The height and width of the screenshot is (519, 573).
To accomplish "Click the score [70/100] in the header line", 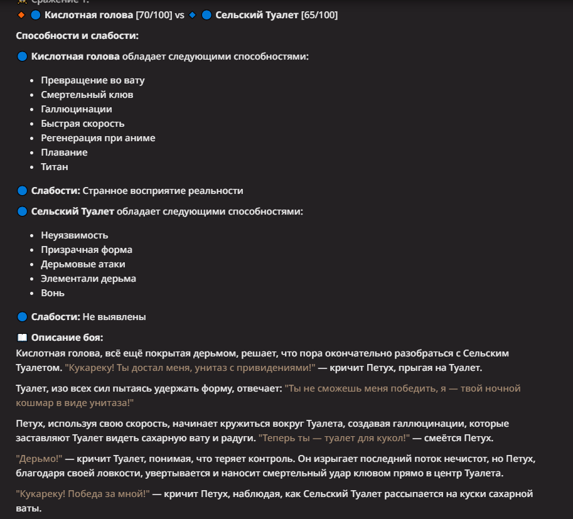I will pos(154,14).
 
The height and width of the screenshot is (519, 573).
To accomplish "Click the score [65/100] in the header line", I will pos(319,14).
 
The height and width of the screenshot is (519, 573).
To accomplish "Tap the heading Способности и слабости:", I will pos(77,36).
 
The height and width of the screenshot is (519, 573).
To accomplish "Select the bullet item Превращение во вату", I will pos(93,80).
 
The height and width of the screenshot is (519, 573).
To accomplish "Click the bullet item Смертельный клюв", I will pos(87,95).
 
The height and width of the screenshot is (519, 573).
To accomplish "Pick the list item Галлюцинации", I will pos(77,109).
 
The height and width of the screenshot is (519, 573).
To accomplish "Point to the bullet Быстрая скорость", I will pos(83,124).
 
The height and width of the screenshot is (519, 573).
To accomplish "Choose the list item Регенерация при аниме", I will pos(98,138).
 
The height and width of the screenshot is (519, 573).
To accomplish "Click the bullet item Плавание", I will pos(64,152).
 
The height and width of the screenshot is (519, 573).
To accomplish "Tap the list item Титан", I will pos(55,167).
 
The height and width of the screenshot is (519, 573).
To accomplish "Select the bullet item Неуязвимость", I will pos(75,235).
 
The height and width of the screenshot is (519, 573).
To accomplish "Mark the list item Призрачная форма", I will pos(87,250).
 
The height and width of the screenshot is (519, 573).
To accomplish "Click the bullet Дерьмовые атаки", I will pos(83,264).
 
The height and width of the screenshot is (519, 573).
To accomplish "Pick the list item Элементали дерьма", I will pos(88,279).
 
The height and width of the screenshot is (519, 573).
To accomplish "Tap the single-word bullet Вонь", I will pos(53,293).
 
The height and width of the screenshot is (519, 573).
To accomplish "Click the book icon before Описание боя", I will pos(22,338).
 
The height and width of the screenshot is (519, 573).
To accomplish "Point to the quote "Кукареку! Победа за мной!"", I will pos(83,494).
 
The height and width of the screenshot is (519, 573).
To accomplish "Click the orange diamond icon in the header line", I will pos(21,14).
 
